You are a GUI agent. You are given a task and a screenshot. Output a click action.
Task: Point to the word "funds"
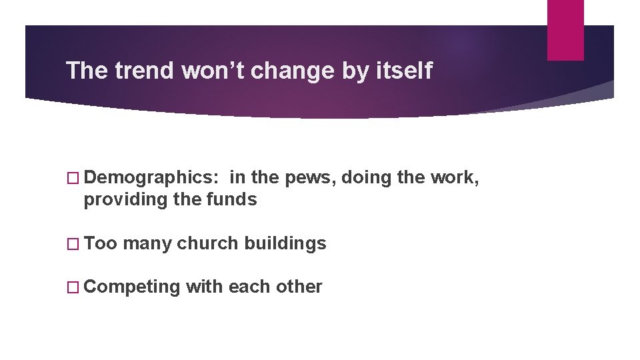point(233,199)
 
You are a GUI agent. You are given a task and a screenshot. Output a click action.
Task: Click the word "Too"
point(101,243)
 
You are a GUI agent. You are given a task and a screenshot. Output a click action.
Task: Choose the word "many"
point(147,243)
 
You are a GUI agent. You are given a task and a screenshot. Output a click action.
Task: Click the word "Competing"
point(133,287)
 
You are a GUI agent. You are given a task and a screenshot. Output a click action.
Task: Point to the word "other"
point(299,287)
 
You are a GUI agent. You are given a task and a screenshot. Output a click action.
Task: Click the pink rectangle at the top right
point(565,29)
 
